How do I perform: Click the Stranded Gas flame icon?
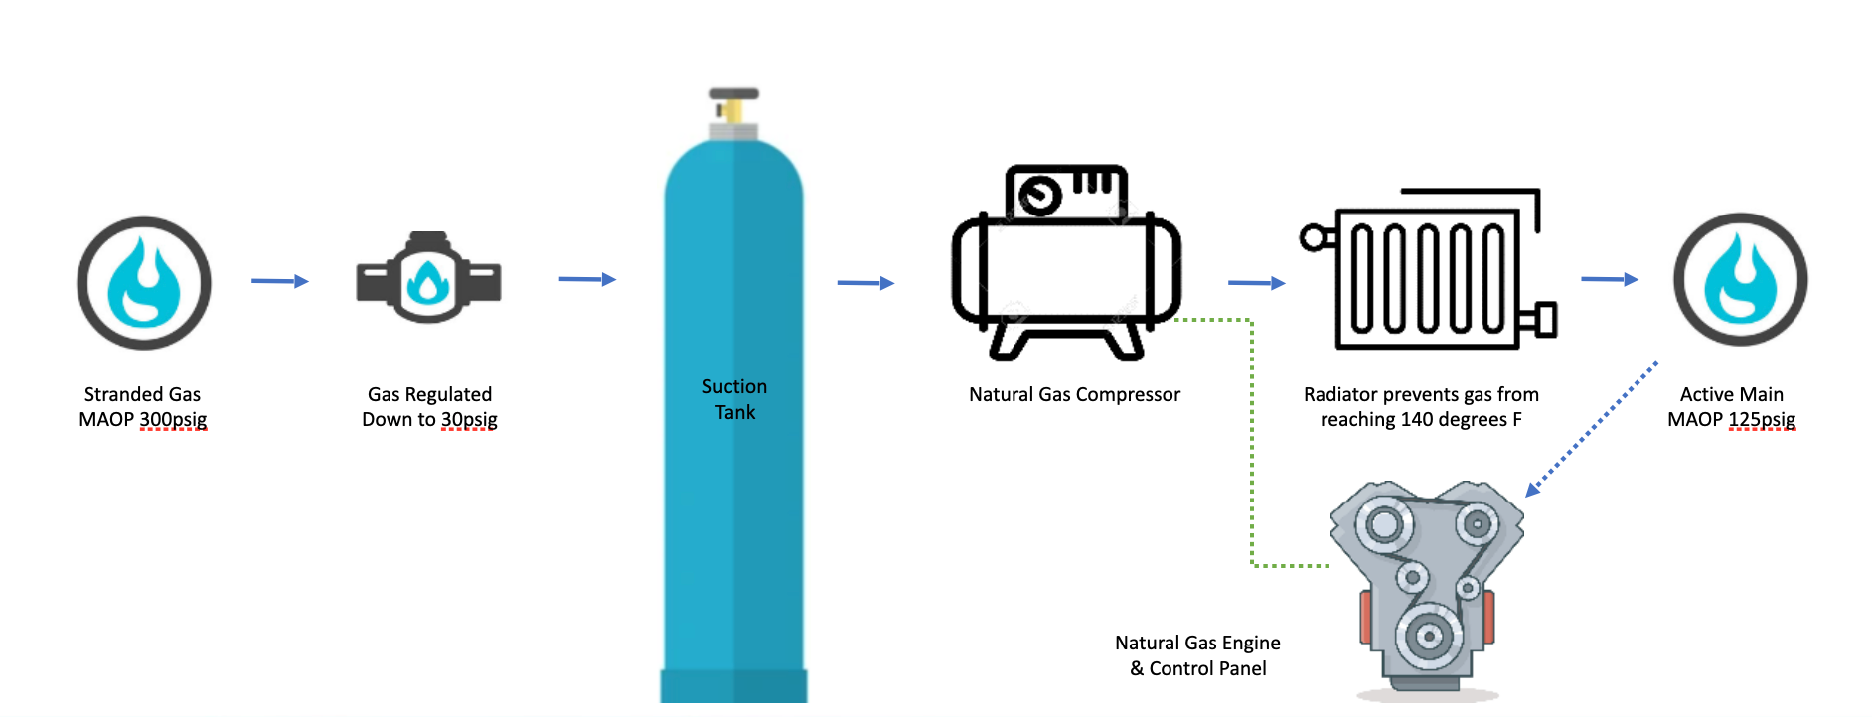[144, 283]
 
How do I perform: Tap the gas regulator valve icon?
[428, 281]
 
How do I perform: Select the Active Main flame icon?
[1740, 279]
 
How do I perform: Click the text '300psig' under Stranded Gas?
[173, 419]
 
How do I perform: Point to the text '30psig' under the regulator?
[468, 419]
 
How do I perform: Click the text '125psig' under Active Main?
[1762, 419]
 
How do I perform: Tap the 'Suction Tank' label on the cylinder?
[734, 399]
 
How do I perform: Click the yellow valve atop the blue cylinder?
[733, 108]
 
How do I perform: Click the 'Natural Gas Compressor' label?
[1074, 394]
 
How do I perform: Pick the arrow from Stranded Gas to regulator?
[279, 281]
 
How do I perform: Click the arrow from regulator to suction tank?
[587, 279]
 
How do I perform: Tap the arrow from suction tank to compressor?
[865, 283]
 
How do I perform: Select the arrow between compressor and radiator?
[1256, 283]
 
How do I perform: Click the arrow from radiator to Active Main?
[1609, 279]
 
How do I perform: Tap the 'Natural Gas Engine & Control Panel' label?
[1197, 655]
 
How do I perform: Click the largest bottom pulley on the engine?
[1429, 636]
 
